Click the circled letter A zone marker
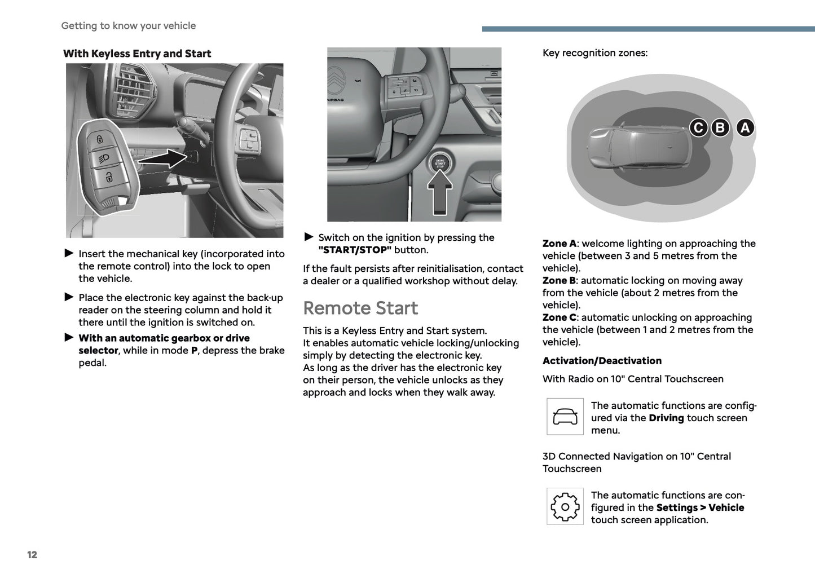coord(745,128)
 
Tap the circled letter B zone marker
coord(720,128)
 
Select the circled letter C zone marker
coord(698,128)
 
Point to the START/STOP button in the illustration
coord(440,164)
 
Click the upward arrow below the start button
coord(440,192)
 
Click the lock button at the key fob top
coord(100,139)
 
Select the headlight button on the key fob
coord(104,158)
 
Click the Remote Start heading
coord(360,308)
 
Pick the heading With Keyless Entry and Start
coord(137,54)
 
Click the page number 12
coord(32,555)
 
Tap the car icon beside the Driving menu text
coord(565,417)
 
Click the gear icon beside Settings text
coord(565,507)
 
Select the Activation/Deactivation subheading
coord(602,361)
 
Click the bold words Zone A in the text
coord(559,244)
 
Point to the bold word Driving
coord(666,418)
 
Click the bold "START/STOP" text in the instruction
coord(355,250)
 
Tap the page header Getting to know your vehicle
coord(129,26)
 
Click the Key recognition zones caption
coord(594,53)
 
